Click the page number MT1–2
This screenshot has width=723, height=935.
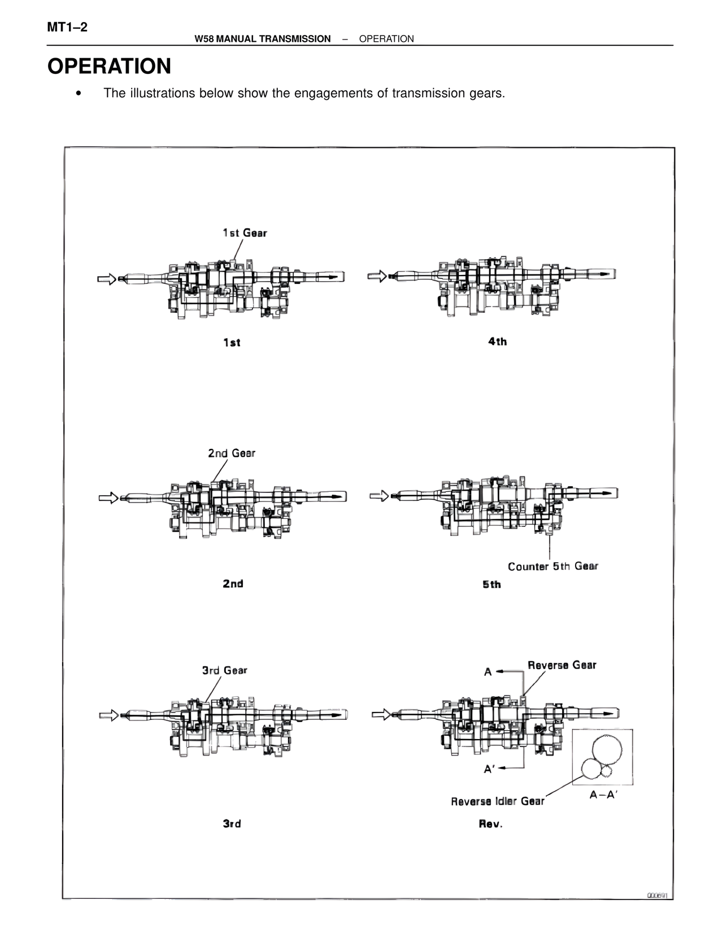pyautogui.click(x=68, y=27)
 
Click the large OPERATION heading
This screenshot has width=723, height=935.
pyautogui.click(x=109, y=67)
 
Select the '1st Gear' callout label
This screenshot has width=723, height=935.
pyautogui.click(x=245, y=233)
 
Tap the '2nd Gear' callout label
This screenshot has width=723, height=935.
pyautogui.click(x=232, y=453)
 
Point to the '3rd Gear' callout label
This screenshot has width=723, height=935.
pyautogui.click(x=225, y=670)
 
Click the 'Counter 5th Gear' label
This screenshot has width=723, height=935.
pyautogui.click(x=552, y=566)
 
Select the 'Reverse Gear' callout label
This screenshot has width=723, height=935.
pyautogui.click(x=562, y=665)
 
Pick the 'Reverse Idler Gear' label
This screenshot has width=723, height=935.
pyautogui.click(x=498, y=801)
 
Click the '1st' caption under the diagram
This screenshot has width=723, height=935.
pyautogui.click(x=232, y=342)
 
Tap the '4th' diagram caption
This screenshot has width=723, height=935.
pyautogui.click(x=498, y=341)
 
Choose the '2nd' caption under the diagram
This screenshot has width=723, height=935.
pyautogui.click(x=233, y=583)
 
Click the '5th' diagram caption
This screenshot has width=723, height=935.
pyautogui.click(x=491, y=584)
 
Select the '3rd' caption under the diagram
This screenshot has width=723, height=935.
pyautogui.click(x=232, y=824)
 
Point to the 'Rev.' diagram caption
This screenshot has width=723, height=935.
pyautogui.click(x=490, y=824)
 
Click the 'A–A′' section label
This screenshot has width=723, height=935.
pyautogui.click(x=604, y=794)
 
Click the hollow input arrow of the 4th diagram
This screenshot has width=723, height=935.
pyautogui.click(x=377, y=276)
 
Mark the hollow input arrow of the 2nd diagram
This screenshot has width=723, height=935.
pyautogui.click(x=108, y=497)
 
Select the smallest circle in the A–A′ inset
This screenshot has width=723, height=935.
pyautogui.click(x=608, y=771)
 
